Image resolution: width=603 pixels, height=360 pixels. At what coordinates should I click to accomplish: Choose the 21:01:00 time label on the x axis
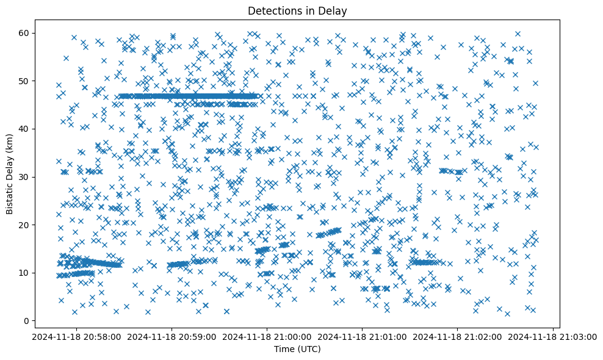tap(363, 336)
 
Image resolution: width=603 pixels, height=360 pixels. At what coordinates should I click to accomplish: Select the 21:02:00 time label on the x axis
tap(458, 336)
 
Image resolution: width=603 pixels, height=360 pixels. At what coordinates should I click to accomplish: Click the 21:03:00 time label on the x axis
tap(553, 336)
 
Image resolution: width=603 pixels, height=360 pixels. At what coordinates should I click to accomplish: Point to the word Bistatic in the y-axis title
tap(10, 195)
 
